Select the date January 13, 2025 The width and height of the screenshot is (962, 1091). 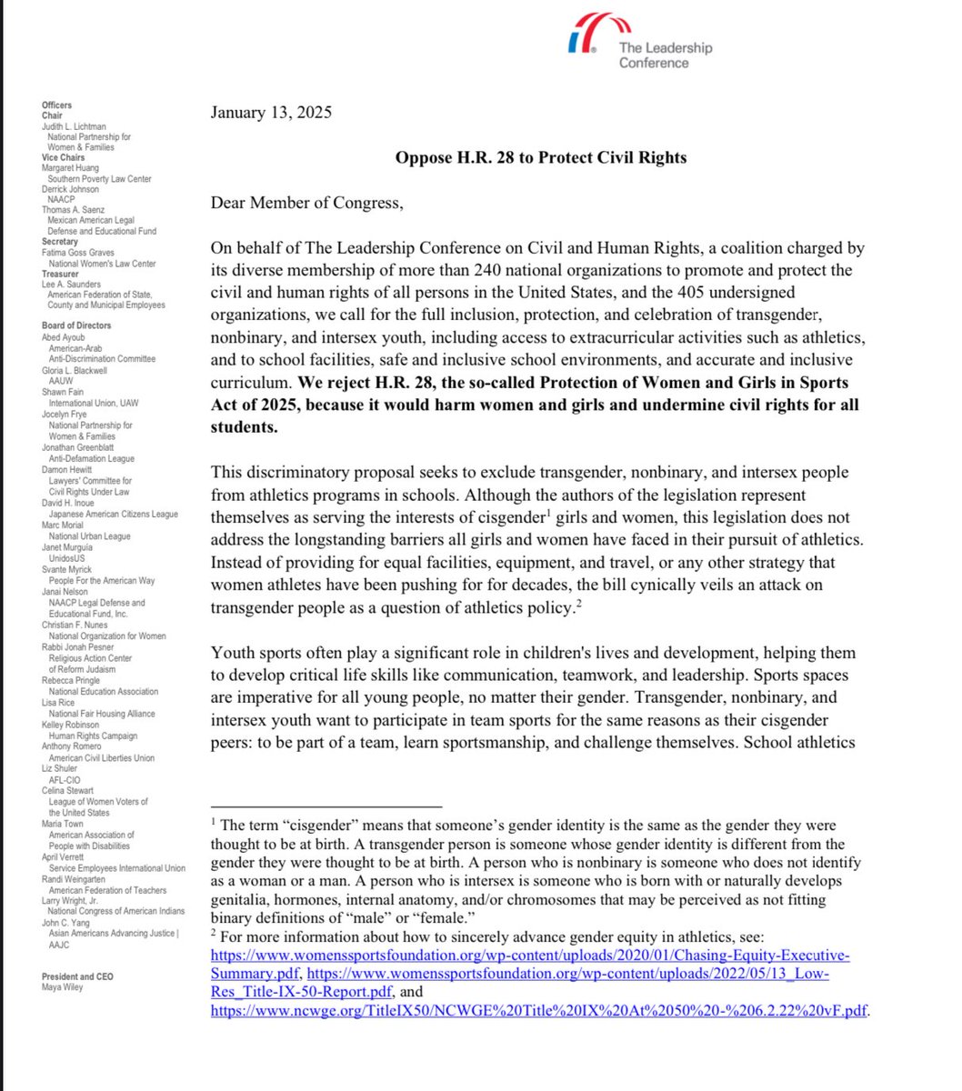tap(271, 114)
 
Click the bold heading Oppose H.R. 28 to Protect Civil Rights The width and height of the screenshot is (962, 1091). tap(540, 157)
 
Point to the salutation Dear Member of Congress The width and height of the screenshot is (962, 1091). tap(306, 203)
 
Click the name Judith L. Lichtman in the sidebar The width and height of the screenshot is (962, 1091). tap(74, 126)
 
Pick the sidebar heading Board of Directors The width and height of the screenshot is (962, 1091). tap(76, 325)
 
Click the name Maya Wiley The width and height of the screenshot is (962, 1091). tap(62, 987)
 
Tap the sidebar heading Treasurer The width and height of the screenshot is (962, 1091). tap(60, 274)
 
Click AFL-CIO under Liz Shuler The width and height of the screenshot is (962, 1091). tap(65, 780)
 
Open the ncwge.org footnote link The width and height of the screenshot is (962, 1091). tap(540, 1010)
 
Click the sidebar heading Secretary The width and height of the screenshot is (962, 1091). tap(59, 242)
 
